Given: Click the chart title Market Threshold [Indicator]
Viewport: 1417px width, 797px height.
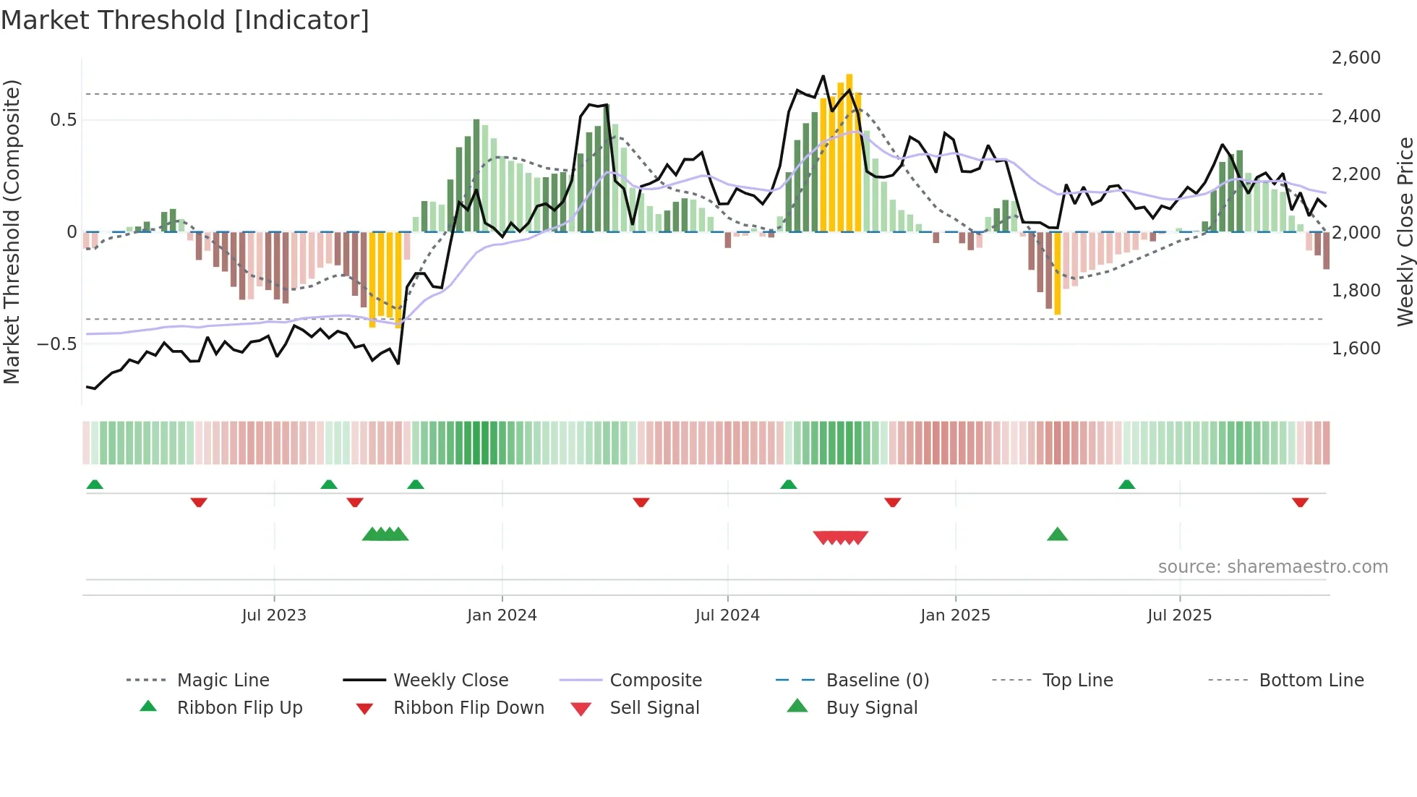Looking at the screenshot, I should (x=185, y=20).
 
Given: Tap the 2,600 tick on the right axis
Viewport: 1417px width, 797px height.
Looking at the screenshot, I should (x=1356, y=58).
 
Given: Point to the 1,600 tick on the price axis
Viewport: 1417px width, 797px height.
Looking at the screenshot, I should (x=1356, y=349).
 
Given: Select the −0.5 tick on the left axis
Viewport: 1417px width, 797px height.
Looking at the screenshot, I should (x=56, y=344).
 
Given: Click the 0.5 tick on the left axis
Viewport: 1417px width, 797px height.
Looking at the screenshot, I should (x=63, y=120).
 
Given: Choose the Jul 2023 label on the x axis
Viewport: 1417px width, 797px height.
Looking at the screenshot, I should (x=274, y=615).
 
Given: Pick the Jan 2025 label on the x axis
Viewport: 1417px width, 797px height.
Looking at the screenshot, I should (x=955, y=615).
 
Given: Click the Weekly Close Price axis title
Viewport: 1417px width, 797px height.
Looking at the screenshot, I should (x=1405, y=231).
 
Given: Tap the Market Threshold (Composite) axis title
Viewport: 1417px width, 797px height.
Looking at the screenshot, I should (x=12, y=231).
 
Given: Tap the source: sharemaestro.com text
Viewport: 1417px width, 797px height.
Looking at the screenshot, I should (x=1272, y=567).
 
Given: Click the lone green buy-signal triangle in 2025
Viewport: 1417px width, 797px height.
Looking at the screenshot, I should (x=1057, y=534).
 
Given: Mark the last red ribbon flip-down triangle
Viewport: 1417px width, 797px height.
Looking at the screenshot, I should (x=1300, y=502).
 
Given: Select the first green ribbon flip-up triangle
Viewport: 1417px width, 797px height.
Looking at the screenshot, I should (x=95, y=485).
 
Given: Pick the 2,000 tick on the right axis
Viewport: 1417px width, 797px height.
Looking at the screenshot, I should (x=1356, y=233).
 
